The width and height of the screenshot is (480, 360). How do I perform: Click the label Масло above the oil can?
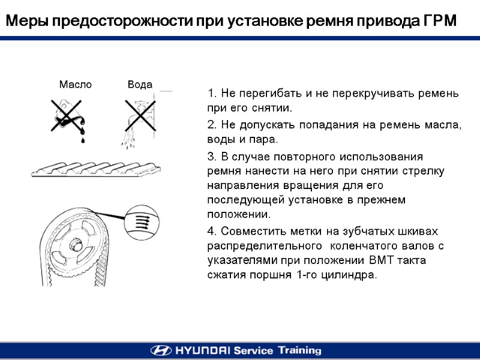coord(76,84)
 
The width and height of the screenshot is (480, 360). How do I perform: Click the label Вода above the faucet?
coord(140,84)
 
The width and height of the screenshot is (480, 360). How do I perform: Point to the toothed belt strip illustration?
coord(96,169)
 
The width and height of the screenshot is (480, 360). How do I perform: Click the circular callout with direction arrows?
coord(142,223)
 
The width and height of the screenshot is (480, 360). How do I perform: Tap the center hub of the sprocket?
coord(76,245)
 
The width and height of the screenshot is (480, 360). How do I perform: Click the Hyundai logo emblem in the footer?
coord(161,350)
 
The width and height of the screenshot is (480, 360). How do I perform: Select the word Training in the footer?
coord(299,350)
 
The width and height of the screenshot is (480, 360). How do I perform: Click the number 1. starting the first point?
coord(212,93)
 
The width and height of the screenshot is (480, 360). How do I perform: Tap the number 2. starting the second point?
coord(212,125)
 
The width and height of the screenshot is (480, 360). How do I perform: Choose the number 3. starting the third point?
coord(212,157)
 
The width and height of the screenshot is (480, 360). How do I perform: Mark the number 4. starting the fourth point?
coord(212,231)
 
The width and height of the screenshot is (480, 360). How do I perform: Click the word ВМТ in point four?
coord(381,260)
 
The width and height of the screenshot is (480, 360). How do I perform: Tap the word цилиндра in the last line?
coord(349,275)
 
